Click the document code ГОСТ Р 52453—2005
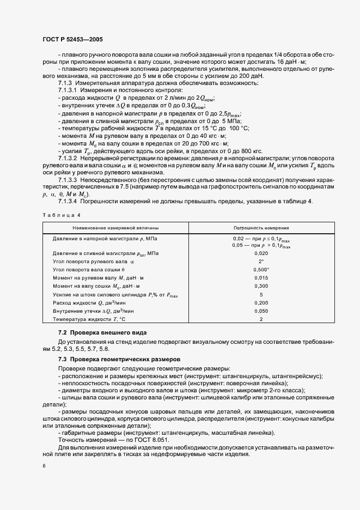point(72,40)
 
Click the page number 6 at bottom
point(44,466)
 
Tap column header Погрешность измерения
point(261,228)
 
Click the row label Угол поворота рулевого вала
point(89,261)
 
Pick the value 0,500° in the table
point(261,269)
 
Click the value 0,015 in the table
point(261,277)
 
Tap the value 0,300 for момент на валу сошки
point(261,286)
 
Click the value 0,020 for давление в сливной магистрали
point(261,253)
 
